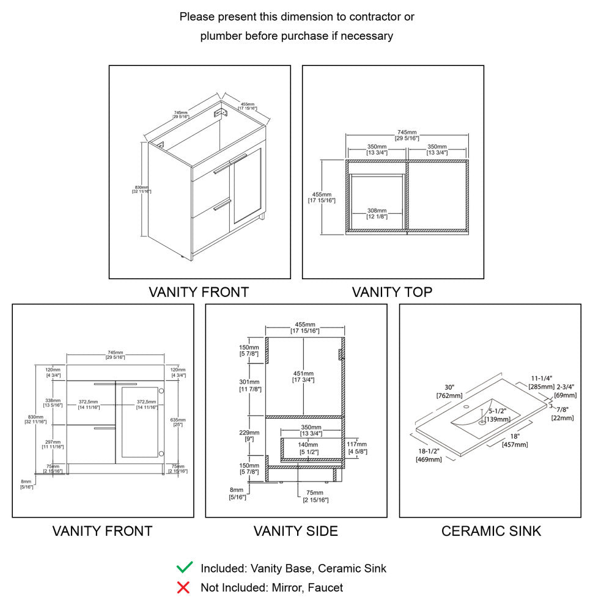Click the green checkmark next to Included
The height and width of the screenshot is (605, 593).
184,568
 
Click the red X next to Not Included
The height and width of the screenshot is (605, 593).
183,588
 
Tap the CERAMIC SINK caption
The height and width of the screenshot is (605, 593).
491,531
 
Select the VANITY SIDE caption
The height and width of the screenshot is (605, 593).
296,531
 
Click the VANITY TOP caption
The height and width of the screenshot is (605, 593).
392,292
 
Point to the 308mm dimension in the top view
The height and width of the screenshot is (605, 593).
377,213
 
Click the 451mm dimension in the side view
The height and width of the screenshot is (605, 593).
304,376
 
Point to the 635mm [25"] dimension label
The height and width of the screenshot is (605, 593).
178,422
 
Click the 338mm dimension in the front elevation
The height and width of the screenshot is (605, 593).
53,402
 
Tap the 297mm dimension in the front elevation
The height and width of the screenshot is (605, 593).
53,444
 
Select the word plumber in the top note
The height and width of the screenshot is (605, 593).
221,36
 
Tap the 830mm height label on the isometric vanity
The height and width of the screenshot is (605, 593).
141,189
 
